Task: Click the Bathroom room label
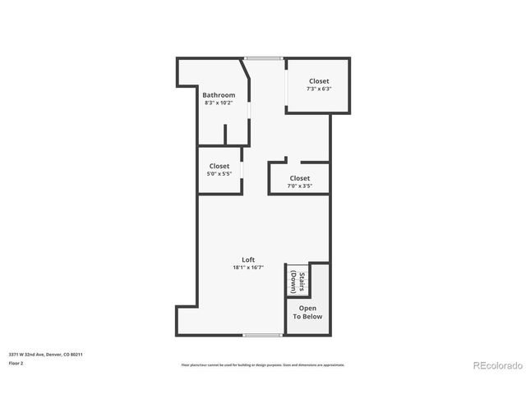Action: click(219, 95)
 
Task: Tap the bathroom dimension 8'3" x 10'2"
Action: click(219, 103)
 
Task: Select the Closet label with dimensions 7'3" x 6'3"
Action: click(319, 81)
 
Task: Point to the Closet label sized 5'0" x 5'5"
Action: click(219, 166)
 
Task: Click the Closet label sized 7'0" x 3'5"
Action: click(300, 178)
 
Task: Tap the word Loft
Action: click(248, 259)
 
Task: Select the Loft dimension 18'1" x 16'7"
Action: click(248, 267)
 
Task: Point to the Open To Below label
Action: click(308, 312)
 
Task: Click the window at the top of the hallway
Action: click(263, 58)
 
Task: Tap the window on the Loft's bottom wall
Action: click(263, 335)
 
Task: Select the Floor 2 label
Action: click(16, 362)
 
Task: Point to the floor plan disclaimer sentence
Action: click(263, 364)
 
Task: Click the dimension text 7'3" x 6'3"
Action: click(319, 89)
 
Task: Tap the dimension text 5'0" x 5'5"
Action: click(219, 173)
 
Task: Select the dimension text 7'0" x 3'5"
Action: click(300, 186)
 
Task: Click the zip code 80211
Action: click(76, 355)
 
